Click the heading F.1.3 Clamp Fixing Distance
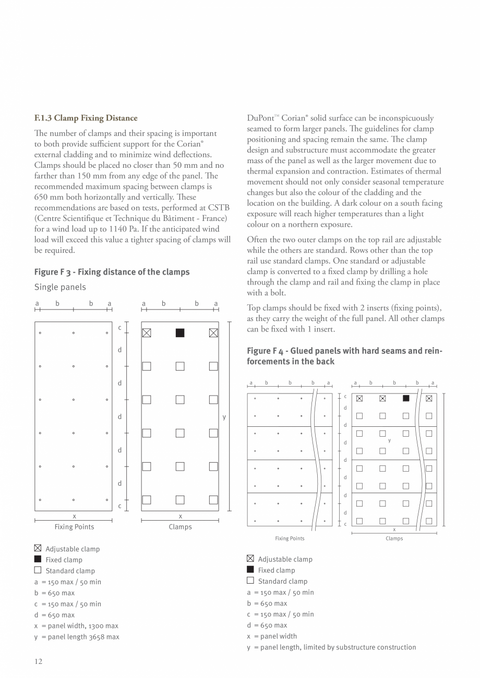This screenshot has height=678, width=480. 86,118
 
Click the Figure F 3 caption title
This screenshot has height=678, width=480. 112,272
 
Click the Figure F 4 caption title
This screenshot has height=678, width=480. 344,356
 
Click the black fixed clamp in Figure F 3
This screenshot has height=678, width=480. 180,333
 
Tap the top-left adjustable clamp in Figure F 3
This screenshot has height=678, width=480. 147,333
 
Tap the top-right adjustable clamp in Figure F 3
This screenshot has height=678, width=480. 213,333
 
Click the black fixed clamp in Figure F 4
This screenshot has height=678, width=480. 406,399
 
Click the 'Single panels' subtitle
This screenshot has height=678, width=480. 60,287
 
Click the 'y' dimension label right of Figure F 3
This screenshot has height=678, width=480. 224,417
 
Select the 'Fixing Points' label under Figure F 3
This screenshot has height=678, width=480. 74,527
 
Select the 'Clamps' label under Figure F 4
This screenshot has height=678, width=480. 394,538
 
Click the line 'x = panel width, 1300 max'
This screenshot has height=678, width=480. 76,626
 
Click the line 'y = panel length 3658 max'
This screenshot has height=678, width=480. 77,637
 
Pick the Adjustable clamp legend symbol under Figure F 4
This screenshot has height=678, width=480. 250,559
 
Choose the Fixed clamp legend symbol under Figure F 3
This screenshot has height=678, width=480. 38,559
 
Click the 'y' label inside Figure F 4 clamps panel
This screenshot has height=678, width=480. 389,441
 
